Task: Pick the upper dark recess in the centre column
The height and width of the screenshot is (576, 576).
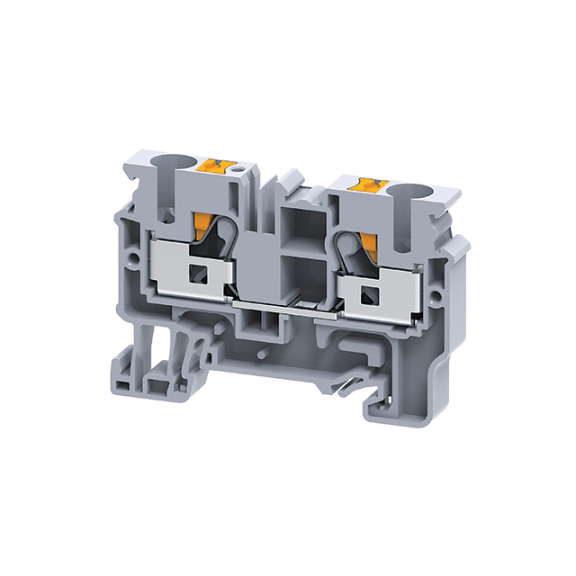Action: click(296, 222)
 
